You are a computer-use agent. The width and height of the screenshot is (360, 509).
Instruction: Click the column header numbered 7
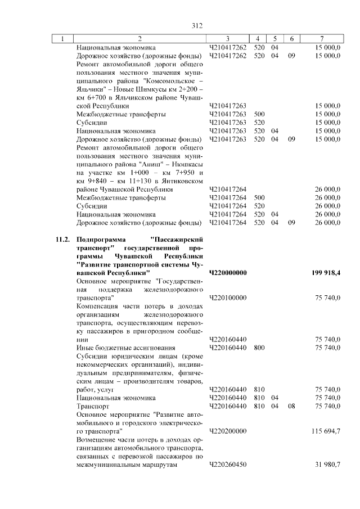[321, 39]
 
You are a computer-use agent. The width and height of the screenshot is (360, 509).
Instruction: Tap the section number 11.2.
[63, 240]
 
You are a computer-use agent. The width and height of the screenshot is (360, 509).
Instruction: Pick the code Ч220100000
[227, 298]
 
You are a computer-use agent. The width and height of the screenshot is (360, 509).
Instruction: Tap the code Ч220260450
[227, 466]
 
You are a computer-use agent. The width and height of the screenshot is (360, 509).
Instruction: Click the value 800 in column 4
[259, 348]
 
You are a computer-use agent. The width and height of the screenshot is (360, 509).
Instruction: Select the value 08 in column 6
[291, 405]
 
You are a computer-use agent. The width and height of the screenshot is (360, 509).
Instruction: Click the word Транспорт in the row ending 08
[92, 405]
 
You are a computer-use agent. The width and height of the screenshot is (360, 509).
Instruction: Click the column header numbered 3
[228, 39]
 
